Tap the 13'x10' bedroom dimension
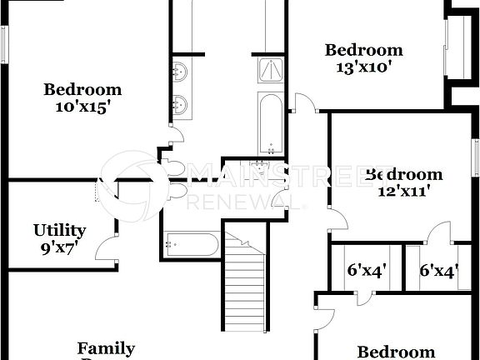pos(363,67)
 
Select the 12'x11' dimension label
pos(403,191)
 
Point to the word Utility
pos(59,230)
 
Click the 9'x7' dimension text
pos(61,247)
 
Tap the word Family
pos(106,348)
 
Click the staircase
pos(246,283)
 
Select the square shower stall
pos(271,70)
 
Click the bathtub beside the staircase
pos(192,245)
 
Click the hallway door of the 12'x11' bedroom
pos(337,220)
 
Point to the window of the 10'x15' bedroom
pos(2,43)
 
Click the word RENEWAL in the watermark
pos(247,201)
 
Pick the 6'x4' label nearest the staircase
pos(363,271)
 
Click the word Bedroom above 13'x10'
pos(363,50)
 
